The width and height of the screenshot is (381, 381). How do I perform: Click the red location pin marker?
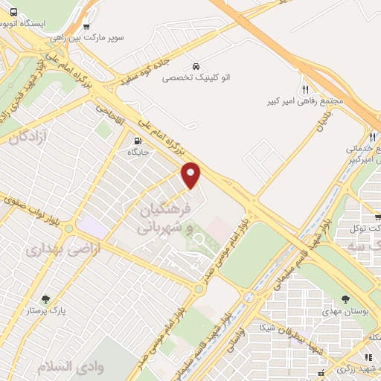(x=191, y=174)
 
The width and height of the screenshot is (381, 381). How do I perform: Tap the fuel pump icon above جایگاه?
(x=138, y=141)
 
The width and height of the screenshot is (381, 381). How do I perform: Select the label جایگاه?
(x=138, y=152)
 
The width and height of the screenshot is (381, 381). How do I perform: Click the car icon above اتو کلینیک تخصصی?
(x=196, y=65)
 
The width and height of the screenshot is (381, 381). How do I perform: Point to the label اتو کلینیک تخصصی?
(x=196, y=77)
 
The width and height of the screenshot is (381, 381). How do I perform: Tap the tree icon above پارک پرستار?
(x=46, y=299)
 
